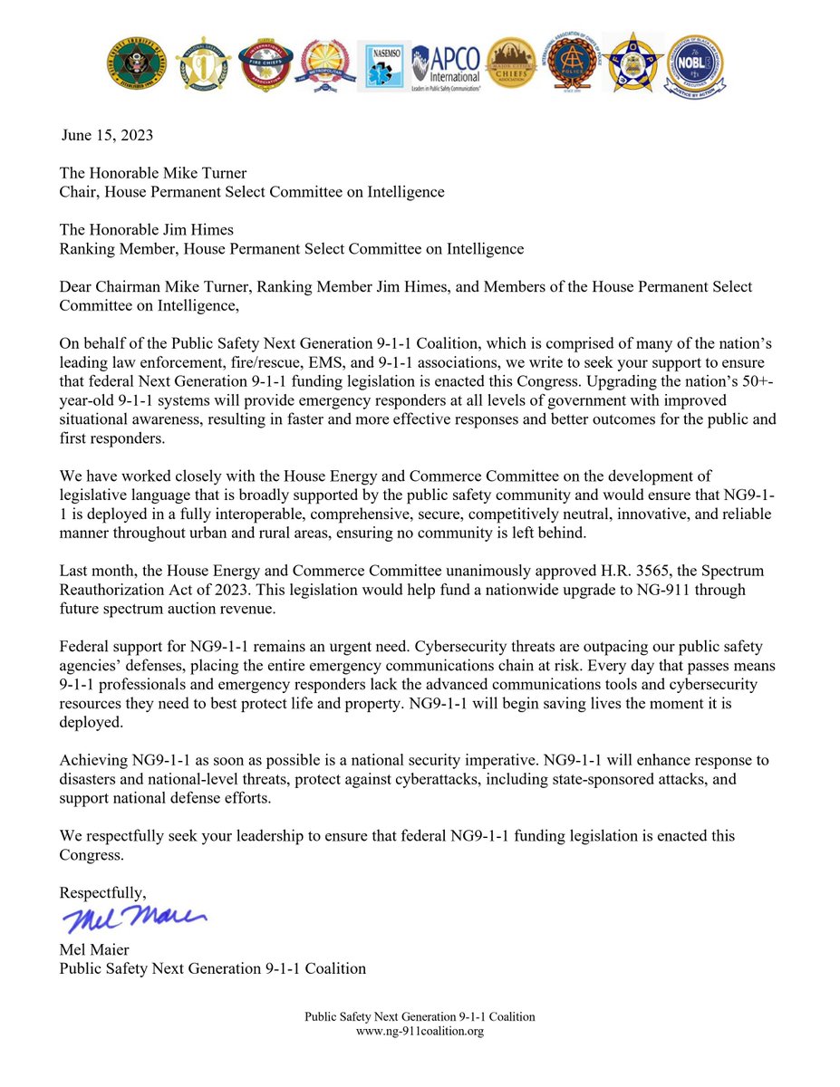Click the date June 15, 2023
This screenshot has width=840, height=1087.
[108, 136]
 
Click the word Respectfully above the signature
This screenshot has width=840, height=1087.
[102, 892]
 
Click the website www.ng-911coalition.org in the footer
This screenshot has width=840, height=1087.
[420, 1031]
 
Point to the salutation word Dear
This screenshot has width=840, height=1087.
[77, 286]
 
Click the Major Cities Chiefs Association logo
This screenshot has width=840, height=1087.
[508, 63]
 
